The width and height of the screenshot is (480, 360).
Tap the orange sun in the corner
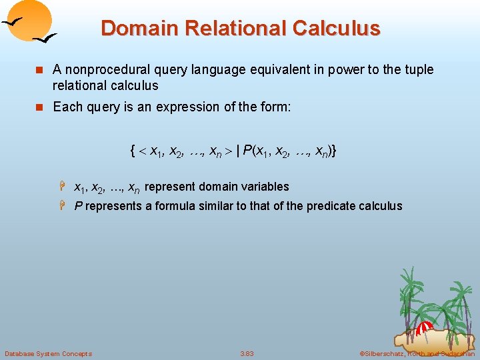point(33,19)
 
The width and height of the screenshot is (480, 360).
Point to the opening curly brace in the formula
point(134,151)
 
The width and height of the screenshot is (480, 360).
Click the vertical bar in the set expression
point(237,151)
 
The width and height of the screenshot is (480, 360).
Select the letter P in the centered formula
point(248,151)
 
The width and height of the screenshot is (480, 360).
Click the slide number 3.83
point(247,353)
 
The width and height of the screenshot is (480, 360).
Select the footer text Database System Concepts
point(48,353)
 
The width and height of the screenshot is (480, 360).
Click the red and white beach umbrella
point(425,327)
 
